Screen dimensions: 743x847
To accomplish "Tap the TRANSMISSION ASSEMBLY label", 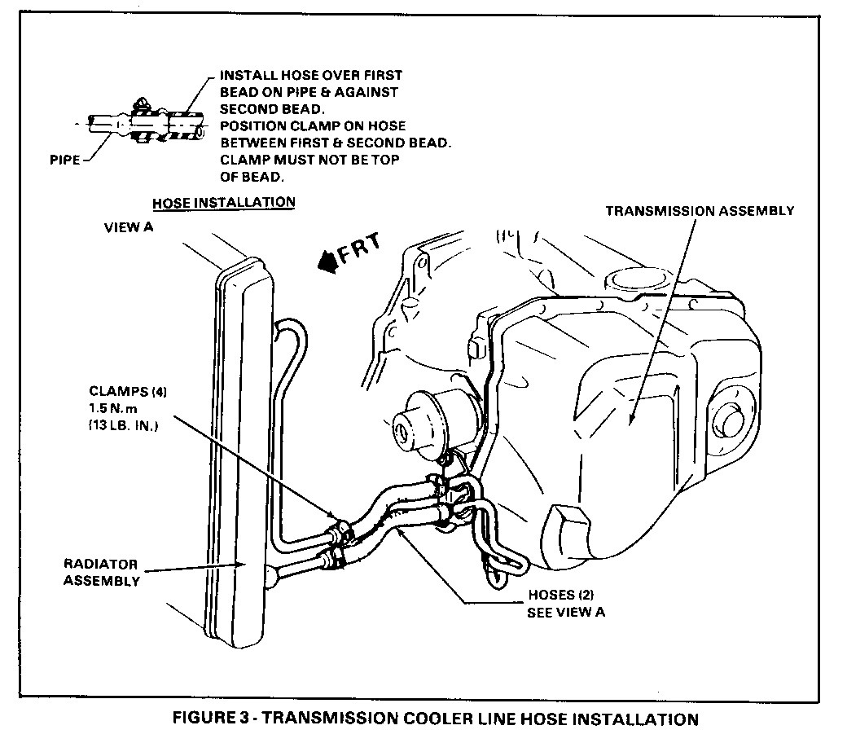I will (700, 211).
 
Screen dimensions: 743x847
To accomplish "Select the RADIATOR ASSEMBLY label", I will (101, 572).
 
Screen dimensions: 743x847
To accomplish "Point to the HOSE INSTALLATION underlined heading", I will (224, 201).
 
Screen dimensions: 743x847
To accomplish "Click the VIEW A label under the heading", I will (129, 228).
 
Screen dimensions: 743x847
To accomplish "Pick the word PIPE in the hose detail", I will (64, 160).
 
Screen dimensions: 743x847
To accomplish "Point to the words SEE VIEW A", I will (566, 612).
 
